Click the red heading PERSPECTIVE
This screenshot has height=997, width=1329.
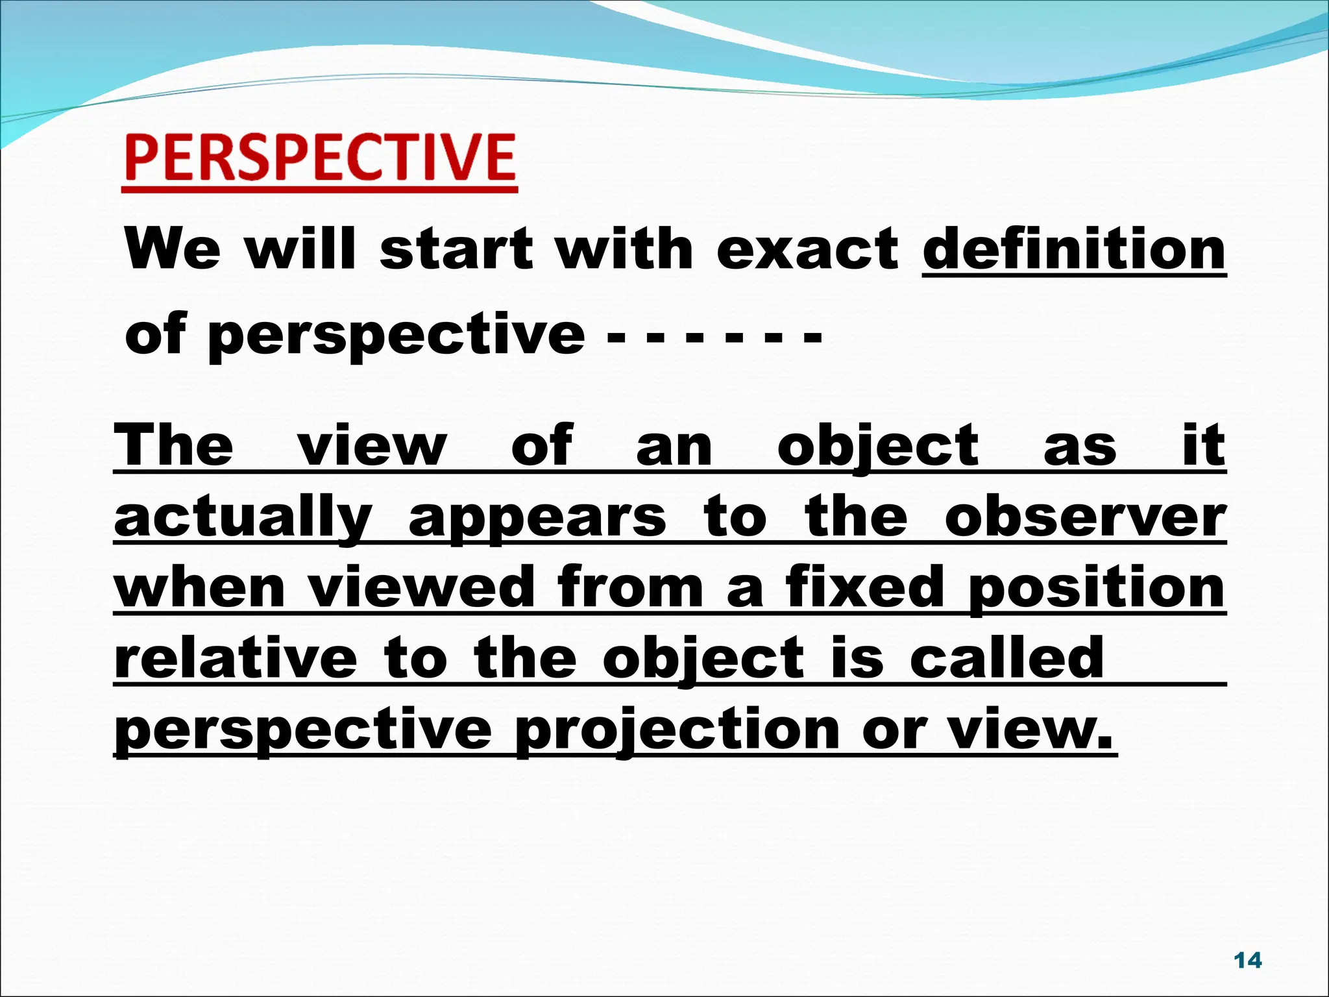click(x=320, y=158)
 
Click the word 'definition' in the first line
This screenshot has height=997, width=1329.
click(x=1074, y=250)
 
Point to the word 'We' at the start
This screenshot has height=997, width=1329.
click(x=173, y=250)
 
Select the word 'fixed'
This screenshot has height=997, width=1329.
click(x=864, y=587)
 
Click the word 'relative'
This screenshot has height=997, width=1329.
click(x=236, y=658)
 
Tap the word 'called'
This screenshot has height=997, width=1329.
click(x=1006, y=658)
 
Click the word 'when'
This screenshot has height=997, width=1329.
click(x=200, y=587)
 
